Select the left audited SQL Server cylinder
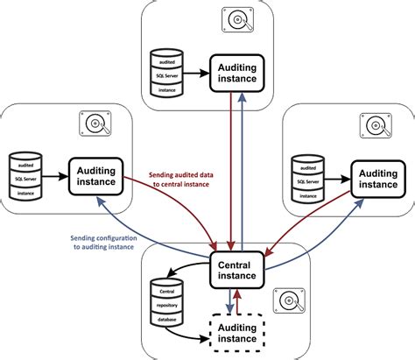coord(25,175)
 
